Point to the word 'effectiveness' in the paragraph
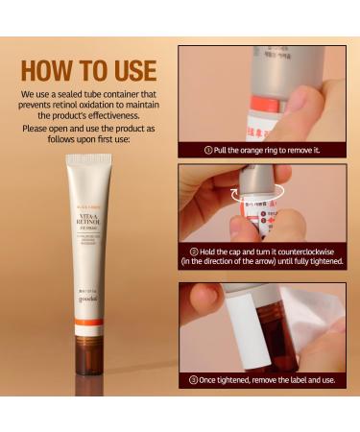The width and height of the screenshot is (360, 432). pos(110,117)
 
